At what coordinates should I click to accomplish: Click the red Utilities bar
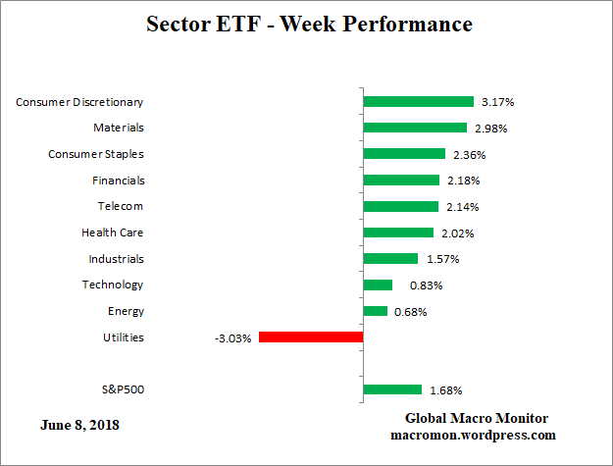311,337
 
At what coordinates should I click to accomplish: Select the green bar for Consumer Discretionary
419,101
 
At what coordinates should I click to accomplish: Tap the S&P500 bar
392,389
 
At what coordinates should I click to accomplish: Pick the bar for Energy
376,311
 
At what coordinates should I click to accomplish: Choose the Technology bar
378,285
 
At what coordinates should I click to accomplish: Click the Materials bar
415,128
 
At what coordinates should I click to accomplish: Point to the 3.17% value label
497,101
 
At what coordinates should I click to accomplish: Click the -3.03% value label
232,337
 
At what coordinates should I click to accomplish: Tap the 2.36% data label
469,154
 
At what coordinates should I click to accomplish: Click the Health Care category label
112,233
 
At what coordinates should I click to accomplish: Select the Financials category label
117,180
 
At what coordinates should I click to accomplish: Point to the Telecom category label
120,206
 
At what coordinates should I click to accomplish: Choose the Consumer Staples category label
96,154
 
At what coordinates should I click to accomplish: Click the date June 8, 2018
80,425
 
